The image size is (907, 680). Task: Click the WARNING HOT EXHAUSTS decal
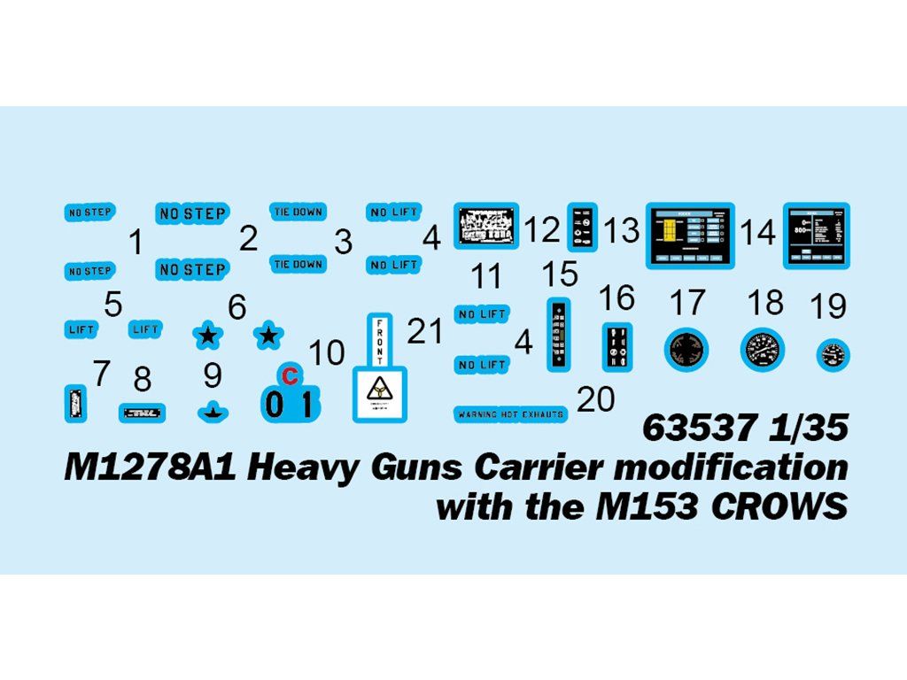click(510, 413)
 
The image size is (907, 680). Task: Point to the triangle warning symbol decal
click(379, 391)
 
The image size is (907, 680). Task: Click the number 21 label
click(424, 331)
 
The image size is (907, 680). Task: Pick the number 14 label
click(758, 233)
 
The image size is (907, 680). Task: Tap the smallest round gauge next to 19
click(832, 355)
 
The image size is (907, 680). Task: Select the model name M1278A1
click(151, 467)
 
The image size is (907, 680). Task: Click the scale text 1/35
click(796, 429)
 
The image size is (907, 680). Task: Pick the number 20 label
click(595, 399)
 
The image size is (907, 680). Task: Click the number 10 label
click(326, 352)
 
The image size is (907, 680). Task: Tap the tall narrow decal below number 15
click(558, 334)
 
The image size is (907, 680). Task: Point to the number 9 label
click(212, 375)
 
